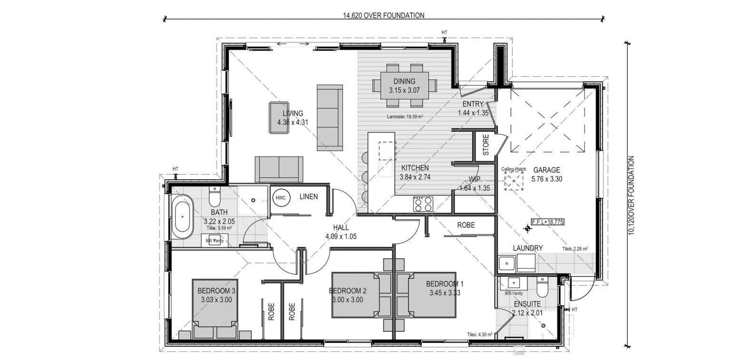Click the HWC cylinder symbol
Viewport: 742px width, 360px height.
point(281,197)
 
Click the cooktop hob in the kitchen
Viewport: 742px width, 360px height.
point(423,204)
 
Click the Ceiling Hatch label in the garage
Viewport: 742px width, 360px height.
point(513,169)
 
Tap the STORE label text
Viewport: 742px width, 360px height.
point(486,145)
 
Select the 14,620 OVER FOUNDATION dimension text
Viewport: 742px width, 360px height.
point(383,15)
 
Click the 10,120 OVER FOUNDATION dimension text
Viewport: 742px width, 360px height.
point(632,195)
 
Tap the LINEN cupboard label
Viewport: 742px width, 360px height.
point(308,197)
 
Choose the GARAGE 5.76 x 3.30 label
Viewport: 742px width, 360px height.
point(547,175)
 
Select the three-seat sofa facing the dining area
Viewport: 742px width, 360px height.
point(329,117)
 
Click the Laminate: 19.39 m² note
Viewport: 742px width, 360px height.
point(405,116)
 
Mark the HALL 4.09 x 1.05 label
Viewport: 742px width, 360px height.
point(341,232)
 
